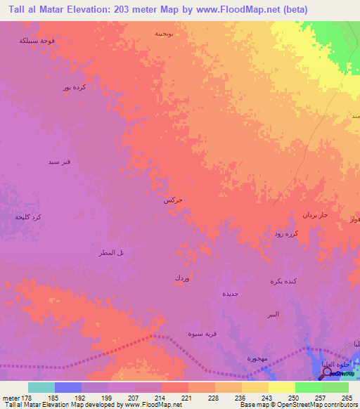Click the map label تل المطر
click(x=110, y=252)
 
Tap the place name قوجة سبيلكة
click(x=38, y=41)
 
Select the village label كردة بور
click(x=73, y=88)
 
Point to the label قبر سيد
click(x=58, y=163)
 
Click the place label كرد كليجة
click(x=28, y=217)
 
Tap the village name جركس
click(x=173, y=200)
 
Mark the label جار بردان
click(x=315, y=214)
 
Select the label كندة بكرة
click(x=285, y=281)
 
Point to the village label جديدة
click(x=231, y=293)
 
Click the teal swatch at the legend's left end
click(x=41, y=387)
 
